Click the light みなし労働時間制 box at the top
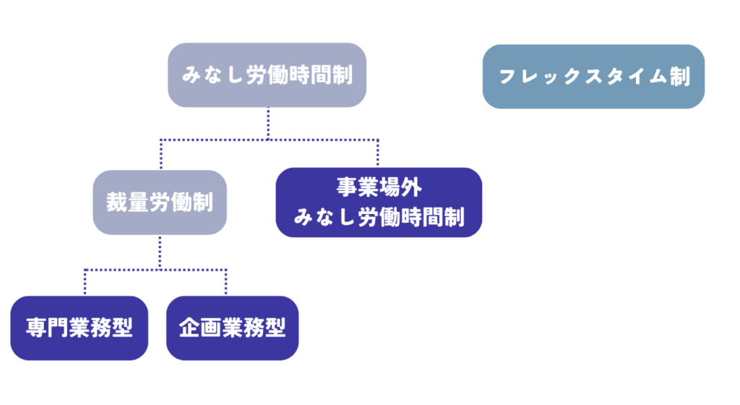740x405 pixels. coord(267,75)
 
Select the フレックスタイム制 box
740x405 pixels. coord(593,77)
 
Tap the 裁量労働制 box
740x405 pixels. coord(160,202)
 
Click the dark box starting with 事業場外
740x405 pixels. coord(379,202)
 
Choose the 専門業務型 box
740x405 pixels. coord(79,328)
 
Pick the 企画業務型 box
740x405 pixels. coord(232,328)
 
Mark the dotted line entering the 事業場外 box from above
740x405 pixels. coord(377,152)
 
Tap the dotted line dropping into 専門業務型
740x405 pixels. coord(85,282)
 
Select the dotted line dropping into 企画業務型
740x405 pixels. coord(226,282)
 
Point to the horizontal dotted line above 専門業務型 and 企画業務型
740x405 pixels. coord(155,270)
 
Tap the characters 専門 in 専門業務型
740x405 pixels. coord(52,328)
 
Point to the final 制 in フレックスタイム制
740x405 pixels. coord(679,77)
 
